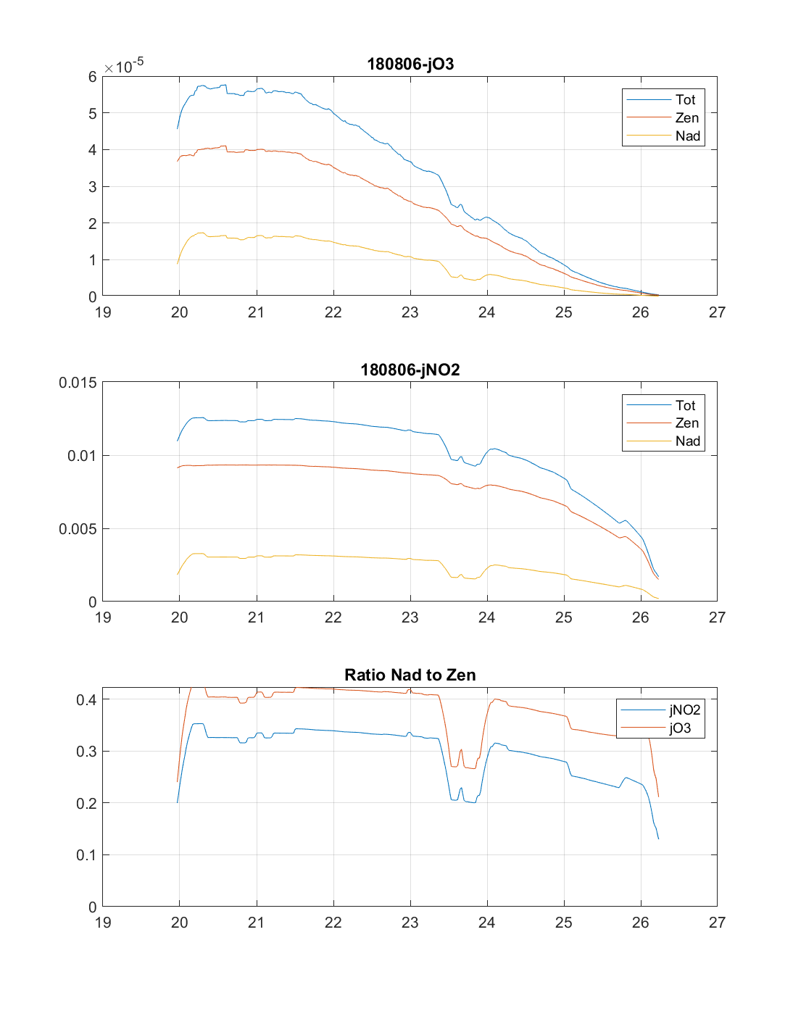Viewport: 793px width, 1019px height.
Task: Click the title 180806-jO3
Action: coord(410,64)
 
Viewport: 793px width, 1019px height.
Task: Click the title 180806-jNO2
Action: coord(410,370)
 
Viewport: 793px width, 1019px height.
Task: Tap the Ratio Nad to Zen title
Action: coord(410,675)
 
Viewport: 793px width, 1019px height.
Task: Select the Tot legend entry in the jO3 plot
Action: coord(685,99)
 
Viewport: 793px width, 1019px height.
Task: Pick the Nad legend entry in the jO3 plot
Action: coord(687,136)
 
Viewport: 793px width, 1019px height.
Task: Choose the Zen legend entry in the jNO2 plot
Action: coord(686,423)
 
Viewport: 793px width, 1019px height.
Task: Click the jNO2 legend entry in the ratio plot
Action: coord(684,710)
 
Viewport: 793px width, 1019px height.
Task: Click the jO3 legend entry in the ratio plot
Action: coord(680,728)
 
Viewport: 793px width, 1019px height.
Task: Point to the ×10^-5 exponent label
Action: coord(124,66)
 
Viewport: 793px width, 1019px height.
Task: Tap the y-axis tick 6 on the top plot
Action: coord(92,77)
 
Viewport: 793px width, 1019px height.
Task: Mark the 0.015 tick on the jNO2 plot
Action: coord(78,383)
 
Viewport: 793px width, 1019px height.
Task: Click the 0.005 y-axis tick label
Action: coord(78,529)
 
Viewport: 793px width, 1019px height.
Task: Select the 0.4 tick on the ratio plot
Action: coord(86,699)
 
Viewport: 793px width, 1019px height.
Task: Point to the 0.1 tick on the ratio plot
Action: coord(86,855)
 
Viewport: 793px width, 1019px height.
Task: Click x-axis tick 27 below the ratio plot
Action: coord(717,923)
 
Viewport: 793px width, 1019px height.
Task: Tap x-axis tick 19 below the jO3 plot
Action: coord(103,312)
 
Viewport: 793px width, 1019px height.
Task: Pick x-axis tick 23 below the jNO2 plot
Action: coord(410,617)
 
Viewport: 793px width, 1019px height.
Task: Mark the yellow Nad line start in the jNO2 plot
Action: coord(178,575)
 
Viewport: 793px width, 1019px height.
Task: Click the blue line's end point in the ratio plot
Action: coord(658,839)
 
